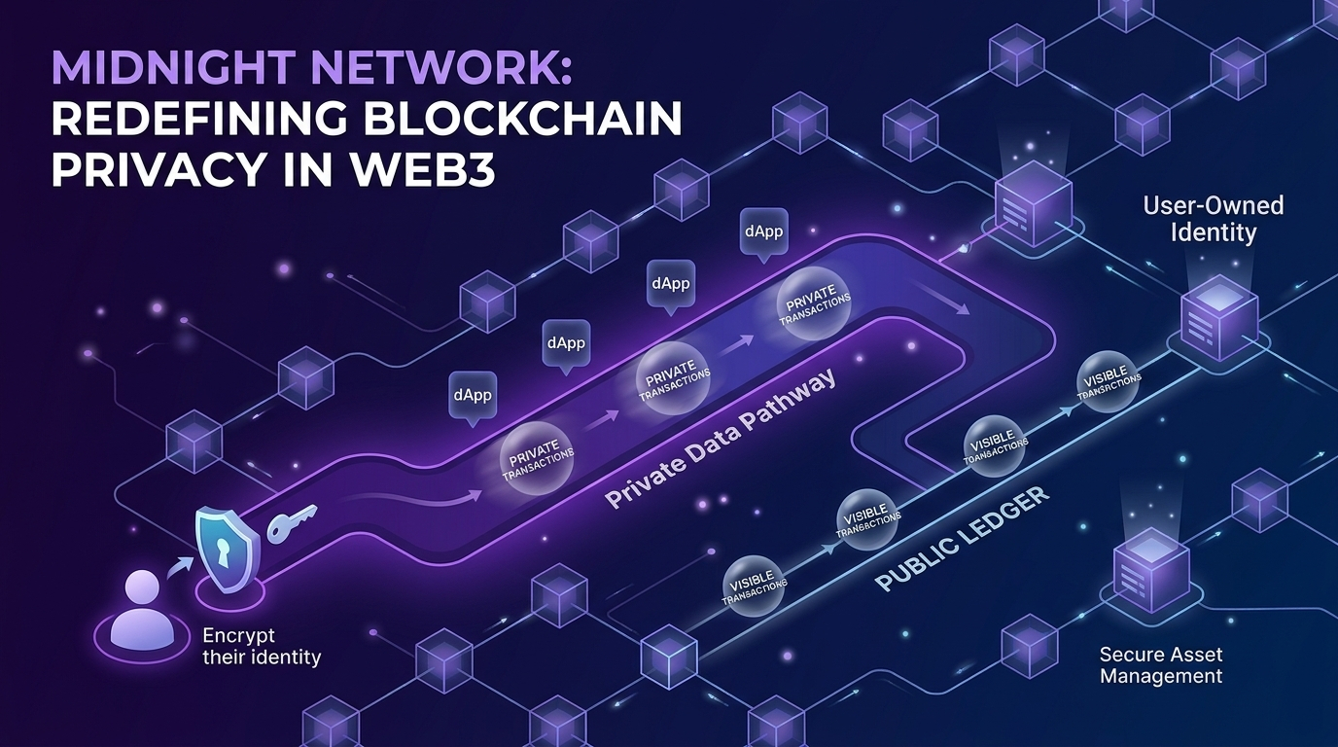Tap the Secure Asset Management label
pyautogui.click(x=1161, y=664)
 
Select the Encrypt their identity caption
pyautogui.click(x=261, y=647)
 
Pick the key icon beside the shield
pyautogui.click(x=291, y=522)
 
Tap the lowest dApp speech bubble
pyautogui.click(x=472, y=397)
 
